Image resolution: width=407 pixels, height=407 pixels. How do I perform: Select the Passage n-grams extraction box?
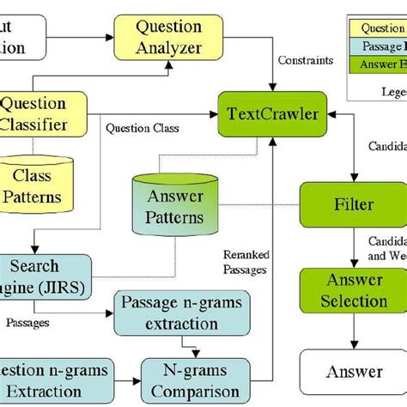(x=181, y=314)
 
